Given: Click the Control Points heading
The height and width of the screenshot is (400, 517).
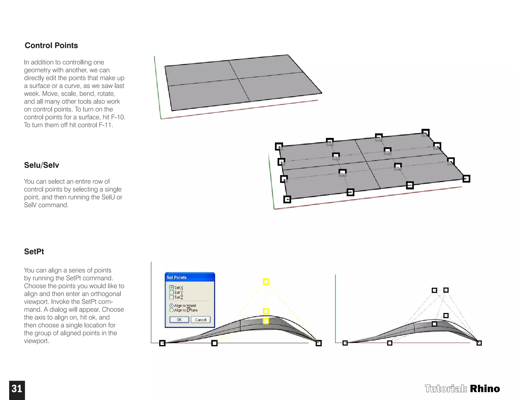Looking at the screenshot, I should tap(51, 46).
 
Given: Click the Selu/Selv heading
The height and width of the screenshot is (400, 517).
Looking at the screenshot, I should tap(41, 165).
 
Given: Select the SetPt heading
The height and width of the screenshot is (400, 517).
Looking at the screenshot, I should tap(34, 252).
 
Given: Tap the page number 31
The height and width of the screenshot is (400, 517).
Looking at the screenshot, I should tap(17, 389).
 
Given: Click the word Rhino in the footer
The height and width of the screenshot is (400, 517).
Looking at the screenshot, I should tap(485, 389).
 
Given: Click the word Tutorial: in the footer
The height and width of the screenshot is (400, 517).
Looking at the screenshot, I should tap(446, 389).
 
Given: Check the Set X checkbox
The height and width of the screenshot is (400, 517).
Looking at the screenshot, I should tap(171, 287).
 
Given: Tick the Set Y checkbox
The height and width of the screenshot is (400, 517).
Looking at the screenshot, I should tap(171, 292).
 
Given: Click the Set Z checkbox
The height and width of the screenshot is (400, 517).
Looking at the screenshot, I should tap(171, 297).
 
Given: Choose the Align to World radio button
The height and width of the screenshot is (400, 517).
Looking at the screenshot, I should tap(171, 305).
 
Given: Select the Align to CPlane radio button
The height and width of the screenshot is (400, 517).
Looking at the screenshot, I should tap(171, 310).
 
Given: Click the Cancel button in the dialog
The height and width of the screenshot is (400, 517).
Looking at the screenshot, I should tap(200, 320).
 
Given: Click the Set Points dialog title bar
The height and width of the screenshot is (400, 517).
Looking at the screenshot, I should tap(189, 277).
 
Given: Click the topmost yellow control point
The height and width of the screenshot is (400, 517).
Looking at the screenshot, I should tap(266, 281).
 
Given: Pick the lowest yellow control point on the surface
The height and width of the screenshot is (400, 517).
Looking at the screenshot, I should tap(266, 321).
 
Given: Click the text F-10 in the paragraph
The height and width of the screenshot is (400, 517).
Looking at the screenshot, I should tap(118, 117).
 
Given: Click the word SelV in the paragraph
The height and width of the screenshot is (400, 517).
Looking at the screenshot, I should tap(30, 205).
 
